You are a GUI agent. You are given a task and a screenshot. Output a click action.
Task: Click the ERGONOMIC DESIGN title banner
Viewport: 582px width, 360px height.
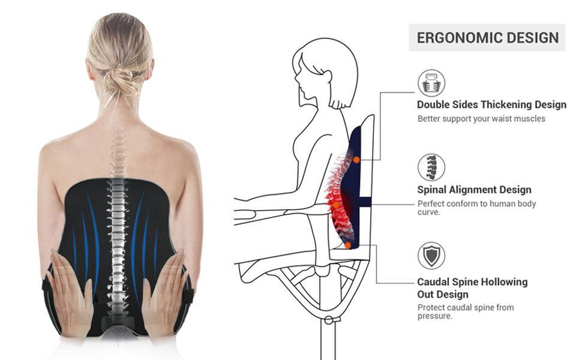[487, 38]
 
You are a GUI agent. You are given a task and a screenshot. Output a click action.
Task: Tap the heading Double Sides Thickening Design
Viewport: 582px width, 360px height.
[491, 104]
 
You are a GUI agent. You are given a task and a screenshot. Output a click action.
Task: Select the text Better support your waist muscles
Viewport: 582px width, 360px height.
[481, 119]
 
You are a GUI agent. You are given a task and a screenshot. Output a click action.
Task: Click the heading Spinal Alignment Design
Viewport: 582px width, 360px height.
[474, 190]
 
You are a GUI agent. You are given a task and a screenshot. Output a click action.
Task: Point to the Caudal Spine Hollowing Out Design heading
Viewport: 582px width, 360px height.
[472, 288]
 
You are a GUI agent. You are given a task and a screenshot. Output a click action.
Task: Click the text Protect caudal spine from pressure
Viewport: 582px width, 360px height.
[466, 311]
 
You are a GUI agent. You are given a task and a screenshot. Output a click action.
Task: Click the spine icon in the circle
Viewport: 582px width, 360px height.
[431, 167]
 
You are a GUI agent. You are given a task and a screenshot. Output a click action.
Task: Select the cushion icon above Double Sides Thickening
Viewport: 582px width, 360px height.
[431, 83]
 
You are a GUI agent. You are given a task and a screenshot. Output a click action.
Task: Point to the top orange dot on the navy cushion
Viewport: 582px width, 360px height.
[356, 160]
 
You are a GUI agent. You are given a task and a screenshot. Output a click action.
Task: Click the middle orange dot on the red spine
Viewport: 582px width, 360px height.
[336, 205]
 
